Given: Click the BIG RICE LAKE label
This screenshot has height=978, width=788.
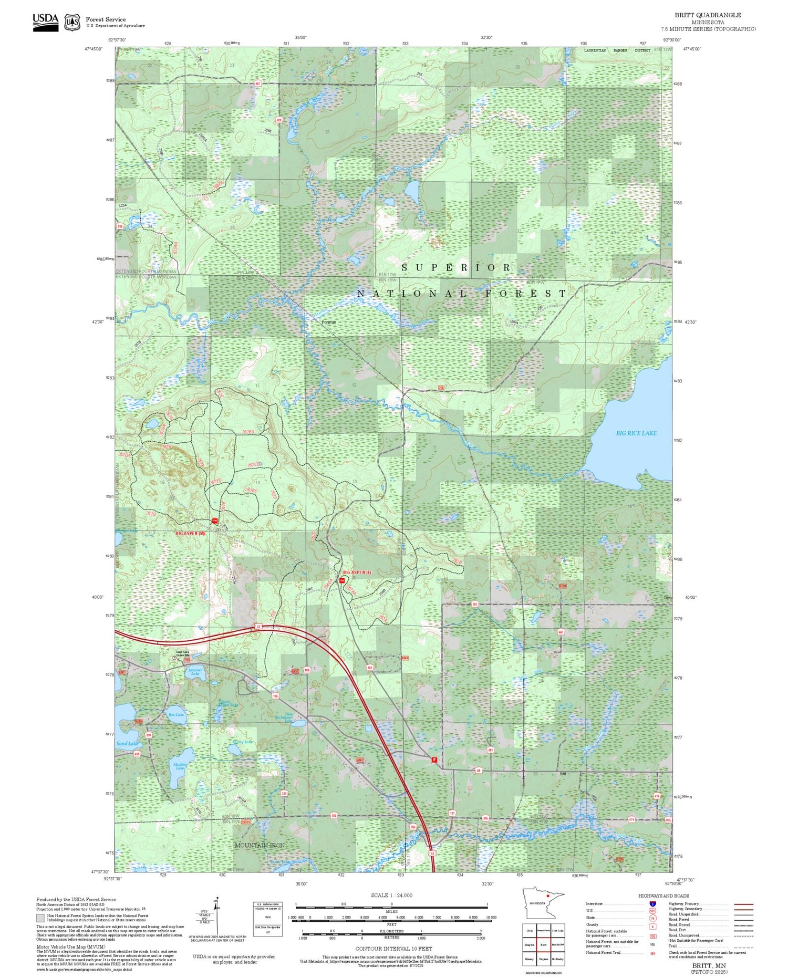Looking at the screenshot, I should click(636, 433).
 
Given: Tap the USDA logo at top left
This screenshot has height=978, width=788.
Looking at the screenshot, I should click(45, 22).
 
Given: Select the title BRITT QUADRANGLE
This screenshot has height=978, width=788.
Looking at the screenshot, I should click(708, 15).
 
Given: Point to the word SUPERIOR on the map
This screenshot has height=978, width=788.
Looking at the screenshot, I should click(456, 268).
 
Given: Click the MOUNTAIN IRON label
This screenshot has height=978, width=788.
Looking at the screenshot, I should click(260, 845).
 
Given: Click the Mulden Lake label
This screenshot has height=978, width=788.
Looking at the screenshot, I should click(180, 766).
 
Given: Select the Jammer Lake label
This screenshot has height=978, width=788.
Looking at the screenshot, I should click(195, 672).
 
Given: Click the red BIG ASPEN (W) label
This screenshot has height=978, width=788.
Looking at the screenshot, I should click(190, 533).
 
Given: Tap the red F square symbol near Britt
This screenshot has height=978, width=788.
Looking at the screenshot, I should click(434, 760).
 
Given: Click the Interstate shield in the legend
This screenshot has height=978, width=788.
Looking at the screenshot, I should click(652, 903).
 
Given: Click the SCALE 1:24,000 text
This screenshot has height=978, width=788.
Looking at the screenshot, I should click(391, 896).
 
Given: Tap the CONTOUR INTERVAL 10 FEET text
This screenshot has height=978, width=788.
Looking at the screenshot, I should click(393, 949).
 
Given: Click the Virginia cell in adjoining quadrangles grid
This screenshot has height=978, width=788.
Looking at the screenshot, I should click(543, 958).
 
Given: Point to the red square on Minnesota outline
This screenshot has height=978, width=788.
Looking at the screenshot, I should click(548, 896).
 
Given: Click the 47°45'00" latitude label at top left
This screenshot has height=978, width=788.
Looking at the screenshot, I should click(93, 49).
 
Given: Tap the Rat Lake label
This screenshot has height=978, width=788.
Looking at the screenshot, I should click(176, 715).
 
